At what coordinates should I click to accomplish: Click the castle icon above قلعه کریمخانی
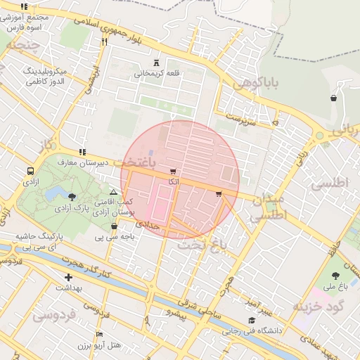point(156,63)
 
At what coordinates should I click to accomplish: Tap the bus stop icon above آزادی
point(30,171)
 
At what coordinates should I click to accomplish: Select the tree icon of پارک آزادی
point(72,198)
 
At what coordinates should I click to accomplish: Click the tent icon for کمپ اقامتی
point(113,191)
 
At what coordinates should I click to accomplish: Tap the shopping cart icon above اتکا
point(173,172)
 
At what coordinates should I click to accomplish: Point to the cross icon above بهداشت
point(68,278)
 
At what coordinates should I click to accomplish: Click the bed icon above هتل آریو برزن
point(99,335)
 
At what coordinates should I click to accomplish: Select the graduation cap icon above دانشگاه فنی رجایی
point(248,320)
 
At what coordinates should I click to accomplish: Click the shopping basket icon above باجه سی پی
point(115,226)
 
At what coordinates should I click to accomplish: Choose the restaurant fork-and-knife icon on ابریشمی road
point(104,41)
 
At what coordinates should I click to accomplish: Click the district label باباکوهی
point(256,84)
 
